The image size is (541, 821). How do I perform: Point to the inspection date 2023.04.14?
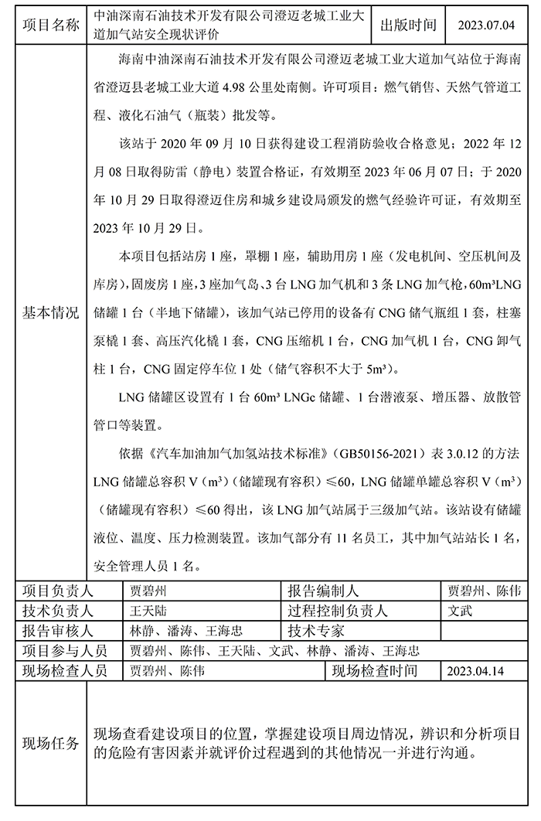click(481, 670)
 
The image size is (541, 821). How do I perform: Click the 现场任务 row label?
click(50, 744)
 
